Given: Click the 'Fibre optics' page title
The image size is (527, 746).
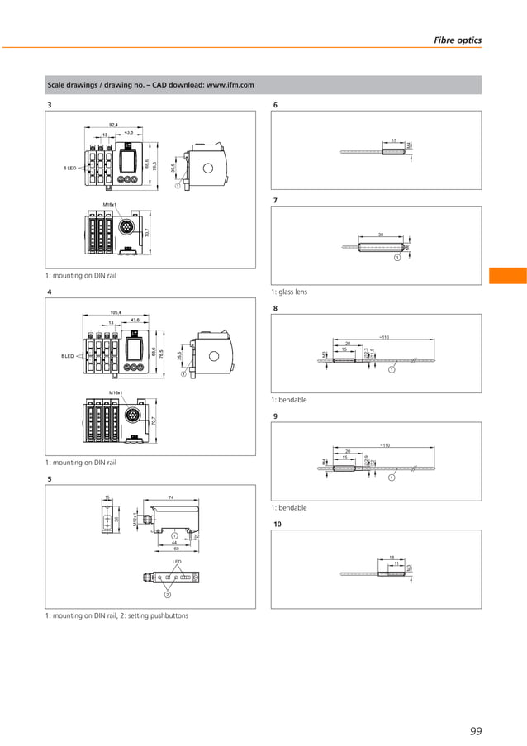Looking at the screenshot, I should [458, 40].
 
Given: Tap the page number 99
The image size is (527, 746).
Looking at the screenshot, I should [475, 730].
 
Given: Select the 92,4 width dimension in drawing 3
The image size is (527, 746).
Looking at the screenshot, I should [112, 124].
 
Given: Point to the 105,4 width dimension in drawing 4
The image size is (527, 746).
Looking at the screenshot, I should [116, 312].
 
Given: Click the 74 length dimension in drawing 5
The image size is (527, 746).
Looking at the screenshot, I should [170, 497].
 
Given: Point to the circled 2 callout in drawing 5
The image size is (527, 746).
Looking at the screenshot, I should [167, 594].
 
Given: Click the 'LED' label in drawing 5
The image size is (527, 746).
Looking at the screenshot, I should [177, 562].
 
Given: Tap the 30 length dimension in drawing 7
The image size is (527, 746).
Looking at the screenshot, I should [381, 235].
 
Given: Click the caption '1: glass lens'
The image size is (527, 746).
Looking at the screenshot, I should [289, 292].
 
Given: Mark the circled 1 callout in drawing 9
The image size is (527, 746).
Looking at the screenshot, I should [392, 477].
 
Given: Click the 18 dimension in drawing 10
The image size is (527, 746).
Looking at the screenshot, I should [392, 558].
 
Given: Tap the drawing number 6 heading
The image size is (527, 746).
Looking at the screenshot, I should [275, 105].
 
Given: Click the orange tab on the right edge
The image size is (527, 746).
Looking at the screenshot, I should [507, 275].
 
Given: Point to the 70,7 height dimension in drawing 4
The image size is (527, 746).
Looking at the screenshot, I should [154, 421].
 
